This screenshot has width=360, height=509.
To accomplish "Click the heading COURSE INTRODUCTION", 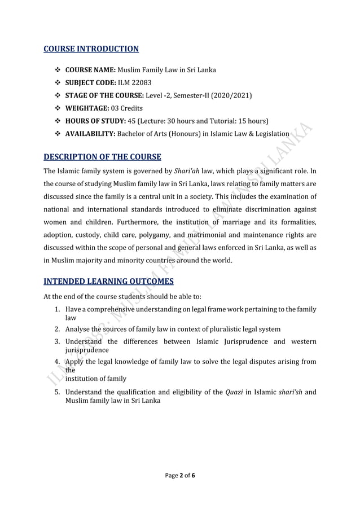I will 91,49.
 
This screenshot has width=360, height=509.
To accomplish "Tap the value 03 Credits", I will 126,108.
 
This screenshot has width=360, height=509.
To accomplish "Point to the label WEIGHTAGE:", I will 87,108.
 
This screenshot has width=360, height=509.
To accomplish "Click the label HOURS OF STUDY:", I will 96,121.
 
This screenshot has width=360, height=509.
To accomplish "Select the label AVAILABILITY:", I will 93,134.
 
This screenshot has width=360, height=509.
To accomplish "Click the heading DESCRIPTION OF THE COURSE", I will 102,156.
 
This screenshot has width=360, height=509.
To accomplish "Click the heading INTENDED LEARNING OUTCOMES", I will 108,281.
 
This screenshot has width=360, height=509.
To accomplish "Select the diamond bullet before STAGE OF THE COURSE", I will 58,95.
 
